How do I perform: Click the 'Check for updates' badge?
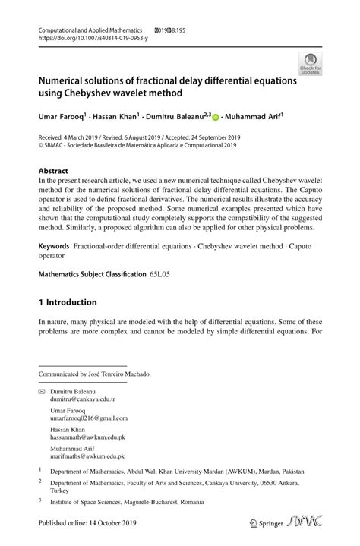pyautogui.click(x=309, y=63)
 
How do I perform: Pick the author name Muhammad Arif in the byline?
pyautogui.click(x=255, y=117)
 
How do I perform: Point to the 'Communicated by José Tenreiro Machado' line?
pyautogui.click(x=95, y=374)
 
